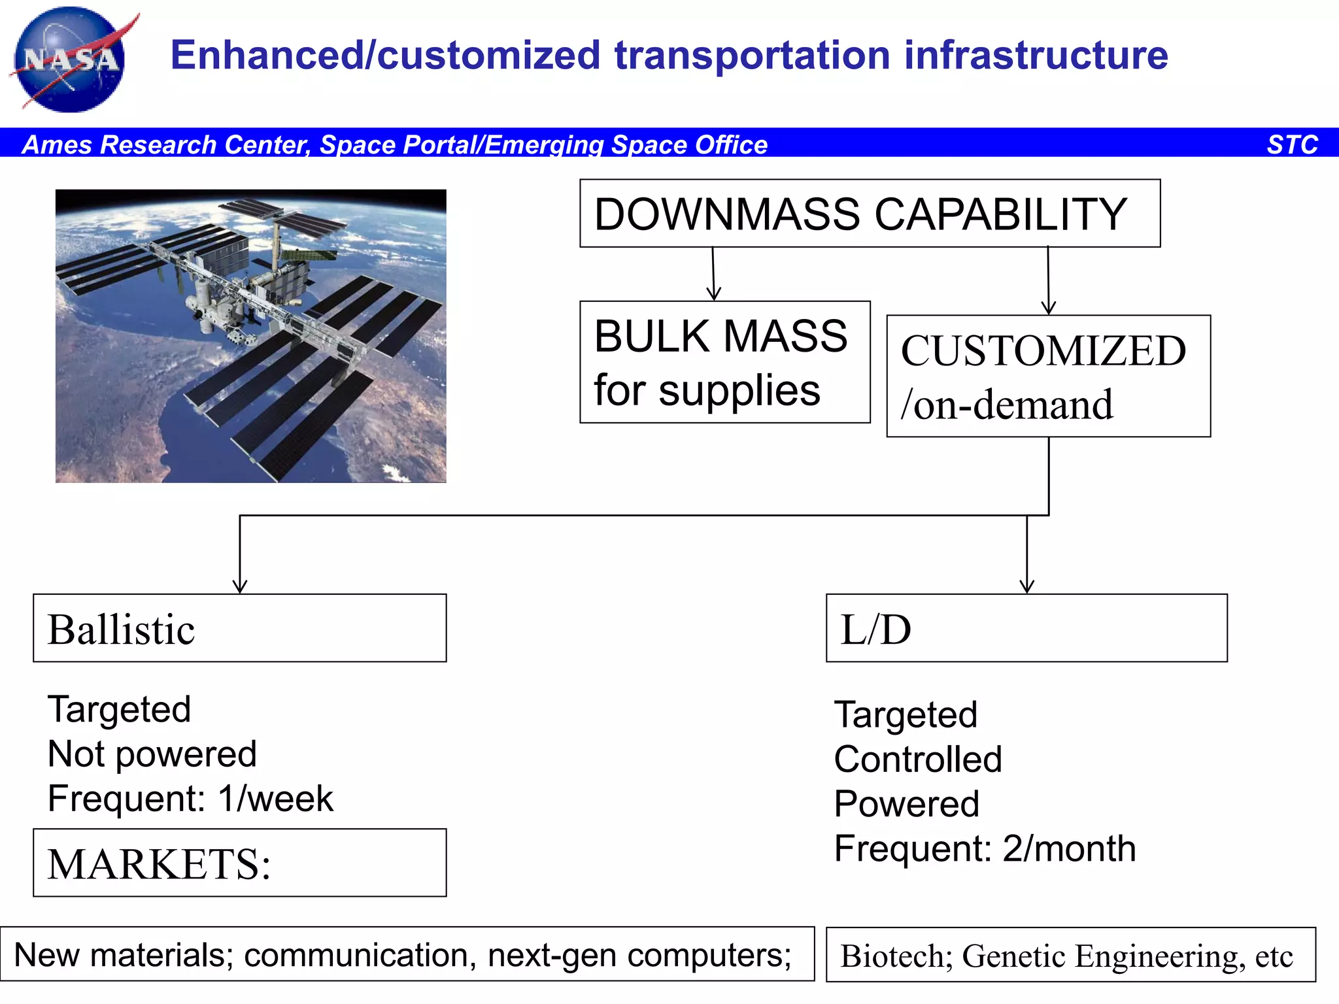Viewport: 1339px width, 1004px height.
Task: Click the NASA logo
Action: (71, 60)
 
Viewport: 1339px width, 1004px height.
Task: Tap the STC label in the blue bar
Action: (1292, 144)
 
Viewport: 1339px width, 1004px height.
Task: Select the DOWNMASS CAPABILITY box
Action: (870, 214)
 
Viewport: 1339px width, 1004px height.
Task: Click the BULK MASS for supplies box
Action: (724, 362)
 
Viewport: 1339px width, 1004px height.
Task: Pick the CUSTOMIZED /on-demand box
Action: (1048, 376)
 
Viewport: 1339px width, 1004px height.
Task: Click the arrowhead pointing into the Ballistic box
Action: (240, 586)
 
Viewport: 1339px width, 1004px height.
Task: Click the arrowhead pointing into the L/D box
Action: (1026, 586)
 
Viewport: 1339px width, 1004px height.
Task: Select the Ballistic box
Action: (239, 628)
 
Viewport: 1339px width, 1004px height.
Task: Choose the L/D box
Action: (1026, 628)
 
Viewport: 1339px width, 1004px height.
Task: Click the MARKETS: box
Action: (239, 863)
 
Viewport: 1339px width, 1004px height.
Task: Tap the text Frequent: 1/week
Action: (190, 799)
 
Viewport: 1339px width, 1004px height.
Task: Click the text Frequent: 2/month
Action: (985, 848)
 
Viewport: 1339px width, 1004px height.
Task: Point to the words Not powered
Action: (152, 754)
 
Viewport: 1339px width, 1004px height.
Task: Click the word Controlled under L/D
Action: (918, 760)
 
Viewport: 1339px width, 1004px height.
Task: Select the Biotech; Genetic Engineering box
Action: (1070, 955)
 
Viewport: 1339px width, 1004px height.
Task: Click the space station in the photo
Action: (248, 307)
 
